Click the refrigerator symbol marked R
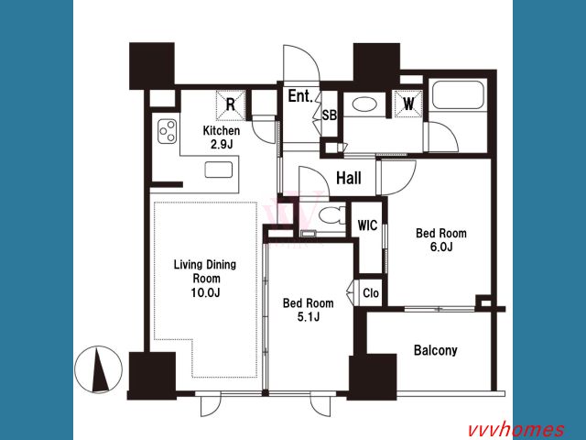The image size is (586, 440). [231, 104]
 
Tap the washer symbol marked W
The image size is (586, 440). [408, 104]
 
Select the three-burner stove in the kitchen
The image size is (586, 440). [167, 131]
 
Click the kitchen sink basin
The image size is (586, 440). [219, 170]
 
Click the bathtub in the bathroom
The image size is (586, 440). [458, 94]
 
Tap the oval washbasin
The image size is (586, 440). [364, 104]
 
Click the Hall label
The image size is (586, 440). [349, 178]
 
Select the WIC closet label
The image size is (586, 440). [367, 225]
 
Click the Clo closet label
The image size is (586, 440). [371, 293]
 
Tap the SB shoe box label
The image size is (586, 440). [330, 115]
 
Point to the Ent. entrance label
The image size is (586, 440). [300, 96]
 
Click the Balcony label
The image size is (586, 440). [436, 350]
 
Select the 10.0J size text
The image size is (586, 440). [205, 292]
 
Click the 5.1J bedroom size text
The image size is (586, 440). [309, 317]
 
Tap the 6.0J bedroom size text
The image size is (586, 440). [441, 247]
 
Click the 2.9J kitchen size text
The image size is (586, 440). [222, 145]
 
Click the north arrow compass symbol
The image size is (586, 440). [98, 369]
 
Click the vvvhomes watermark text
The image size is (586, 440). [516, 430]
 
